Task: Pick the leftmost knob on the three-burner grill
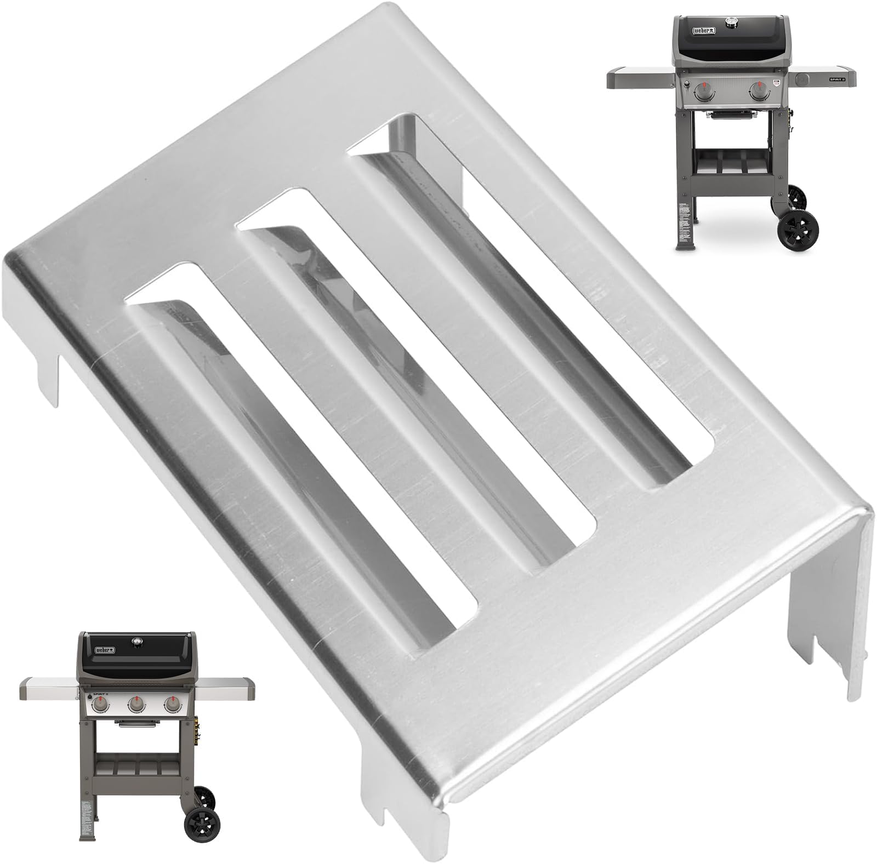pos(101,705)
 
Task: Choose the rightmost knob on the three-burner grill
pos(172,705)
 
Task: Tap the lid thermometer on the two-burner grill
pos(731,22)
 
